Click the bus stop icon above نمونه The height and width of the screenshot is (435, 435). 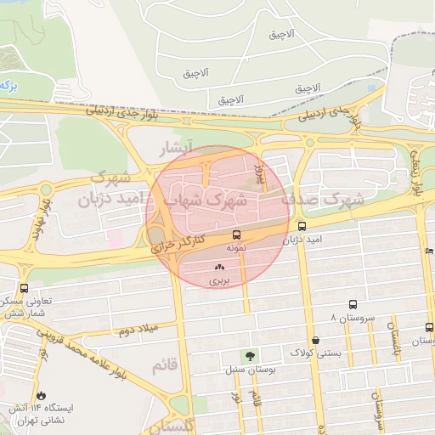(x=235, y=234)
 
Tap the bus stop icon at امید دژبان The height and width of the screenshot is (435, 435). (x=302, y=226)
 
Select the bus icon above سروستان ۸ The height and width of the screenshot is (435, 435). (x=353, y=304)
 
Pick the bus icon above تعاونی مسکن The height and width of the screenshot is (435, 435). (x=23, y=288)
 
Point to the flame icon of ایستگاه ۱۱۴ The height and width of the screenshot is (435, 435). (x=41, y=396)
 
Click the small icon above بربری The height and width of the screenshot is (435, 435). (x=220, y=267)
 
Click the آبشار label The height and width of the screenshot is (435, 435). (x=178, y=150)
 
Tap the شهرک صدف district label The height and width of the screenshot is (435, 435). (x=332, y=201)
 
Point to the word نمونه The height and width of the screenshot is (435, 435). (x=237, y=248)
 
